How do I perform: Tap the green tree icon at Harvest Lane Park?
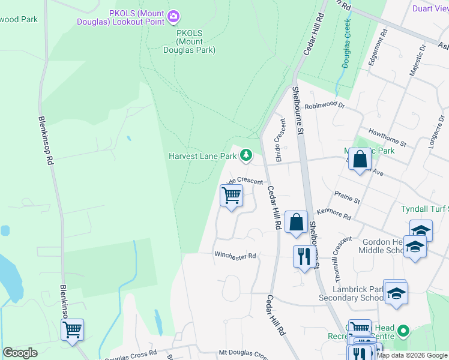pos(246,156)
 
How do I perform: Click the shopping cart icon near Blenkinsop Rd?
pos(72,329)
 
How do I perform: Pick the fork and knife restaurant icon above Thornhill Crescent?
pos(304,257)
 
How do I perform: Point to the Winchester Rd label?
pos(235,256)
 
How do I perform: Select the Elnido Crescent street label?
pos(280,130)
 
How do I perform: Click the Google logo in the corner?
pos(20,353)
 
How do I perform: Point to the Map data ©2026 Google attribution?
pos(412,355)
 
